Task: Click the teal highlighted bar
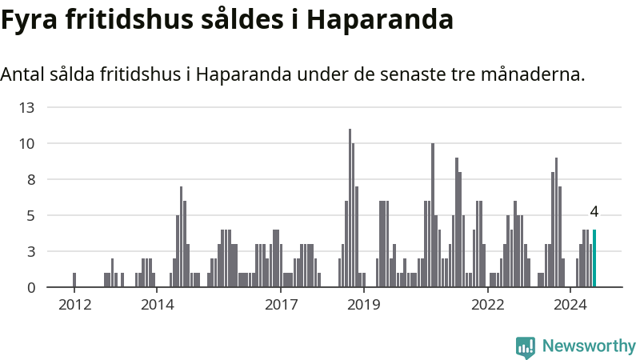[x=594, y=258]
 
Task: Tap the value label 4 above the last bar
[x=594, y=212]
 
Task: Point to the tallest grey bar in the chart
[x=350, y=208]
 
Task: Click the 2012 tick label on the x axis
[x=74, y=305]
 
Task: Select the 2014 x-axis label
[x=157, y=305]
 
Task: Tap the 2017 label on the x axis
[x=281, y=305]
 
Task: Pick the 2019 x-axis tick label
[x=364, y=305]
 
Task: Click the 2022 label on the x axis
[x=488, y=305]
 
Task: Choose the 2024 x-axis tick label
[x=570, y=305]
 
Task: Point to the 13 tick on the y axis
[x=26, y=107]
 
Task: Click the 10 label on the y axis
[x=26, y=144]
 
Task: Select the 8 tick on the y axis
[x=30, y=180]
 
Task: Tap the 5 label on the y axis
[x=30, y=216]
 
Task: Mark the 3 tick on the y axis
[x=30, y=252]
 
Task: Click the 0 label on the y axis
[x=30, y=288]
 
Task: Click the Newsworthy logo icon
[x=526, y=346]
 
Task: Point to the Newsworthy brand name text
[x=589, y=346]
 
